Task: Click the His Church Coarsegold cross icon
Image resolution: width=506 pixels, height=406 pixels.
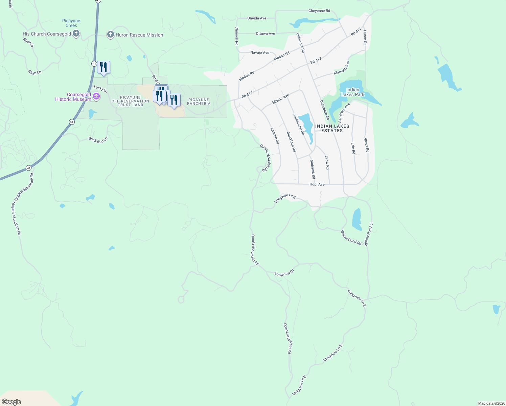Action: tap(76, 33)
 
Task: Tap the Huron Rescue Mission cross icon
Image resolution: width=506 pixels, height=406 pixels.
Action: tap(110, 35)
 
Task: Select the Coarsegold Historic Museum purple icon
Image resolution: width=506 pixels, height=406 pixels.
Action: tap(96, 97)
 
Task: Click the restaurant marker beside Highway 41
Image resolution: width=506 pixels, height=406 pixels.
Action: tap(103, 68)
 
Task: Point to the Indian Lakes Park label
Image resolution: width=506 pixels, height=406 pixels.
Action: tap(353, 92)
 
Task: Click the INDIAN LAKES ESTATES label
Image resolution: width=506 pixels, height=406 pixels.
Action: tap(332, 128)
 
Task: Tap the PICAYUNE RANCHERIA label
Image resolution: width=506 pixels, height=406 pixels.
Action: tap(199, 101)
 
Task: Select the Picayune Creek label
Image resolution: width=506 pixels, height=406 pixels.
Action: tap(71, 23)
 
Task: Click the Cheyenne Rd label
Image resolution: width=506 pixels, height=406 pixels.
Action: tap(319, 11)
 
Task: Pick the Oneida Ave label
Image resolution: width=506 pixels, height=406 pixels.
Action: tap(257, 18)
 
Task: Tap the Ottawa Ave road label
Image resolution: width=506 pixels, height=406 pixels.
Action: tap(266, 33)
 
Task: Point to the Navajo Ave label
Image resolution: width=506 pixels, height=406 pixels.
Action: tap(260, 52)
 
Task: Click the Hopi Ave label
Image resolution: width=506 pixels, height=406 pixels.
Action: tap(317, 184)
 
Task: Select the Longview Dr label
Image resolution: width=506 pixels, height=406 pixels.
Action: tap(284, 273)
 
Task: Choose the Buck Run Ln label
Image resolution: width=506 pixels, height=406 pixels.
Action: tap(98, 140)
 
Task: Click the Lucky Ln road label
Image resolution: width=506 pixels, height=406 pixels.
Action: tap(100, 89)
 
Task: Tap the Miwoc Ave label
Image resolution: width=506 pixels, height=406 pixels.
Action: tap(281, 99)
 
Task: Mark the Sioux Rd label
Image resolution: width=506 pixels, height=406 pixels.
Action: tap(367, 145)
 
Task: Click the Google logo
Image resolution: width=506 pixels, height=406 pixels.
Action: tap(11, 402)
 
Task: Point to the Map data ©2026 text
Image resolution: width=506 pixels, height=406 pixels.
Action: tap(490, 403)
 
